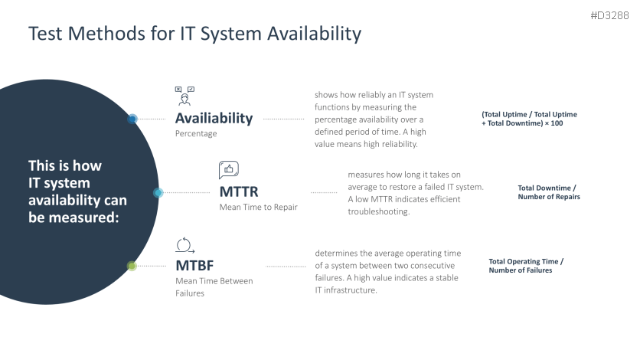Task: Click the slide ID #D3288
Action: [x=611, y=15]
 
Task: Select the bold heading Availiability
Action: [x=214, y=118]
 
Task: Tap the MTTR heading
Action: [x=238, y=191]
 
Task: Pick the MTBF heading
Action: [x=194, y=266]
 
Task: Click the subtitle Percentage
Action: [x=196, y=133]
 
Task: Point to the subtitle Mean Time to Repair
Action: [x=258, y=207]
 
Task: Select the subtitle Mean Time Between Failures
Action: [x=214, y=286]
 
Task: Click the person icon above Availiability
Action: [x=184, y=96]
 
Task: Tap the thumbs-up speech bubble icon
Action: [x=229, y=169]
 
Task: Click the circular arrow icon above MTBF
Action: [x=184, y=245]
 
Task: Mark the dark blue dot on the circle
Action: [x=132, y=119]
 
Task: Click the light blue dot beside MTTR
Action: [x=158, y=193]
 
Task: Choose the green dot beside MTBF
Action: [x=132, y=267]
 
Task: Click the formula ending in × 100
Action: [x=529, y=119]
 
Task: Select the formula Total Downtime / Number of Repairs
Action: [x=548, y=192]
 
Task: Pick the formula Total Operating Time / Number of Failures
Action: [x=525, y=266]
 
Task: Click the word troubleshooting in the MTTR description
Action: [x=378, y=211]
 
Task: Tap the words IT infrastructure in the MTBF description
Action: [x=346, y=290]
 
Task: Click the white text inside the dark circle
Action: [x=77, y=191]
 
